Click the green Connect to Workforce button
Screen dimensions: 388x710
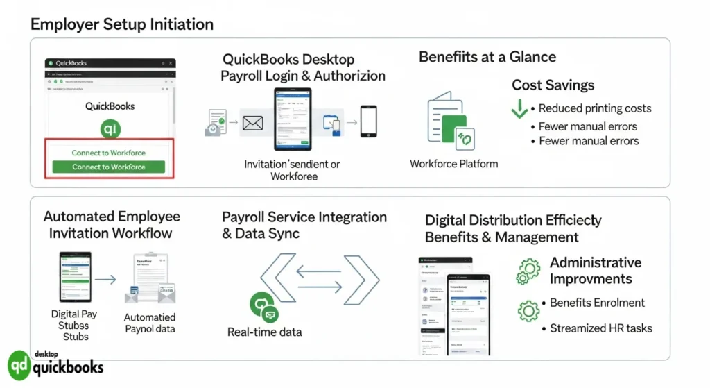109,167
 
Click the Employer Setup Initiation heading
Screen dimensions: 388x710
121,25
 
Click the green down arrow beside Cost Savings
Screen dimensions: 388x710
519,109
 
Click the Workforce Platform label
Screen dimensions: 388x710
453,164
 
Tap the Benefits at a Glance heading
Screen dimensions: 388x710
487,57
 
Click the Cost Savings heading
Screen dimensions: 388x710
553,85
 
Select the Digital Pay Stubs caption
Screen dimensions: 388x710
75,325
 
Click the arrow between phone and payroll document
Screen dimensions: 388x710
105,280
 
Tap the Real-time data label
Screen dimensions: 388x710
264,332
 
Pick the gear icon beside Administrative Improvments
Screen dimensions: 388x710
528,271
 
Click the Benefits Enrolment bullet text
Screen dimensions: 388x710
597,303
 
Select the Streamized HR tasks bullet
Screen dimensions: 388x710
600,328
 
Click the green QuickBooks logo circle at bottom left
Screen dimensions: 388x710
19,366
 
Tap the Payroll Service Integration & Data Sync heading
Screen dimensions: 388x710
304,225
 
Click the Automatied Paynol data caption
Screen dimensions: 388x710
149,323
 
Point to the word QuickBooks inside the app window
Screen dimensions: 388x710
110,106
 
